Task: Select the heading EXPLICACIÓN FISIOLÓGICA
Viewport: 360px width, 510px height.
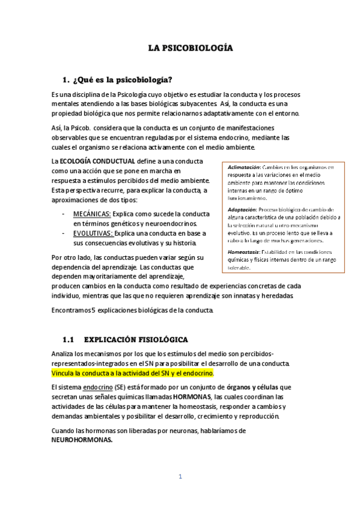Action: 136,339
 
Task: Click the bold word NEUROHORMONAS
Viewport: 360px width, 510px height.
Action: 82,440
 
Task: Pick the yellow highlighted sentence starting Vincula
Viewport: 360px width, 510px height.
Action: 132,373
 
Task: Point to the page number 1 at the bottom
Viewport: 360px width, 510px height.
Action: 180,477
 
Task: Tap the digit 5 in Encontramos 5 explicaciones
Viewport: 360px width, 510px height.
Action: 92,310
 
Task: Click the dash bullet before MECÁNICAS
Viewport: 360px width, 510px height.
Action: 64,214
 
